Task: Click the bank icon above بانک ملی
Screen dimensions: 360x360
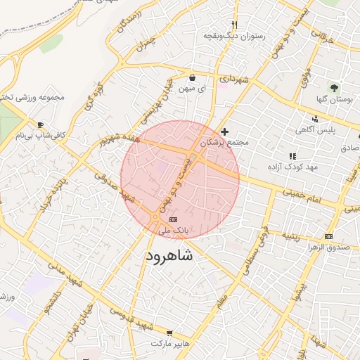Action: (174, 220)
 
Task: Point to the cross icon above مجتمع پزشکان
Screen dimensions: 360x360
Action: (224, 131)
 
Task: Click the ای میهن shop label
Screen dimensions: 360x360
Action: (193, 89)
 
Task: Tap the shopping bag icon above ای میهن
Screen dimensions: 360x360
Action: (192, 77)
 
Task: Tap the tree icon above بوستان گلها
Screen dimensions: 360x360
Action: (334, 89)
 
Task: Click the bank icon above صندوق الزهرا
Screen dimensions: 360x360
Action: (328, 236)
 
